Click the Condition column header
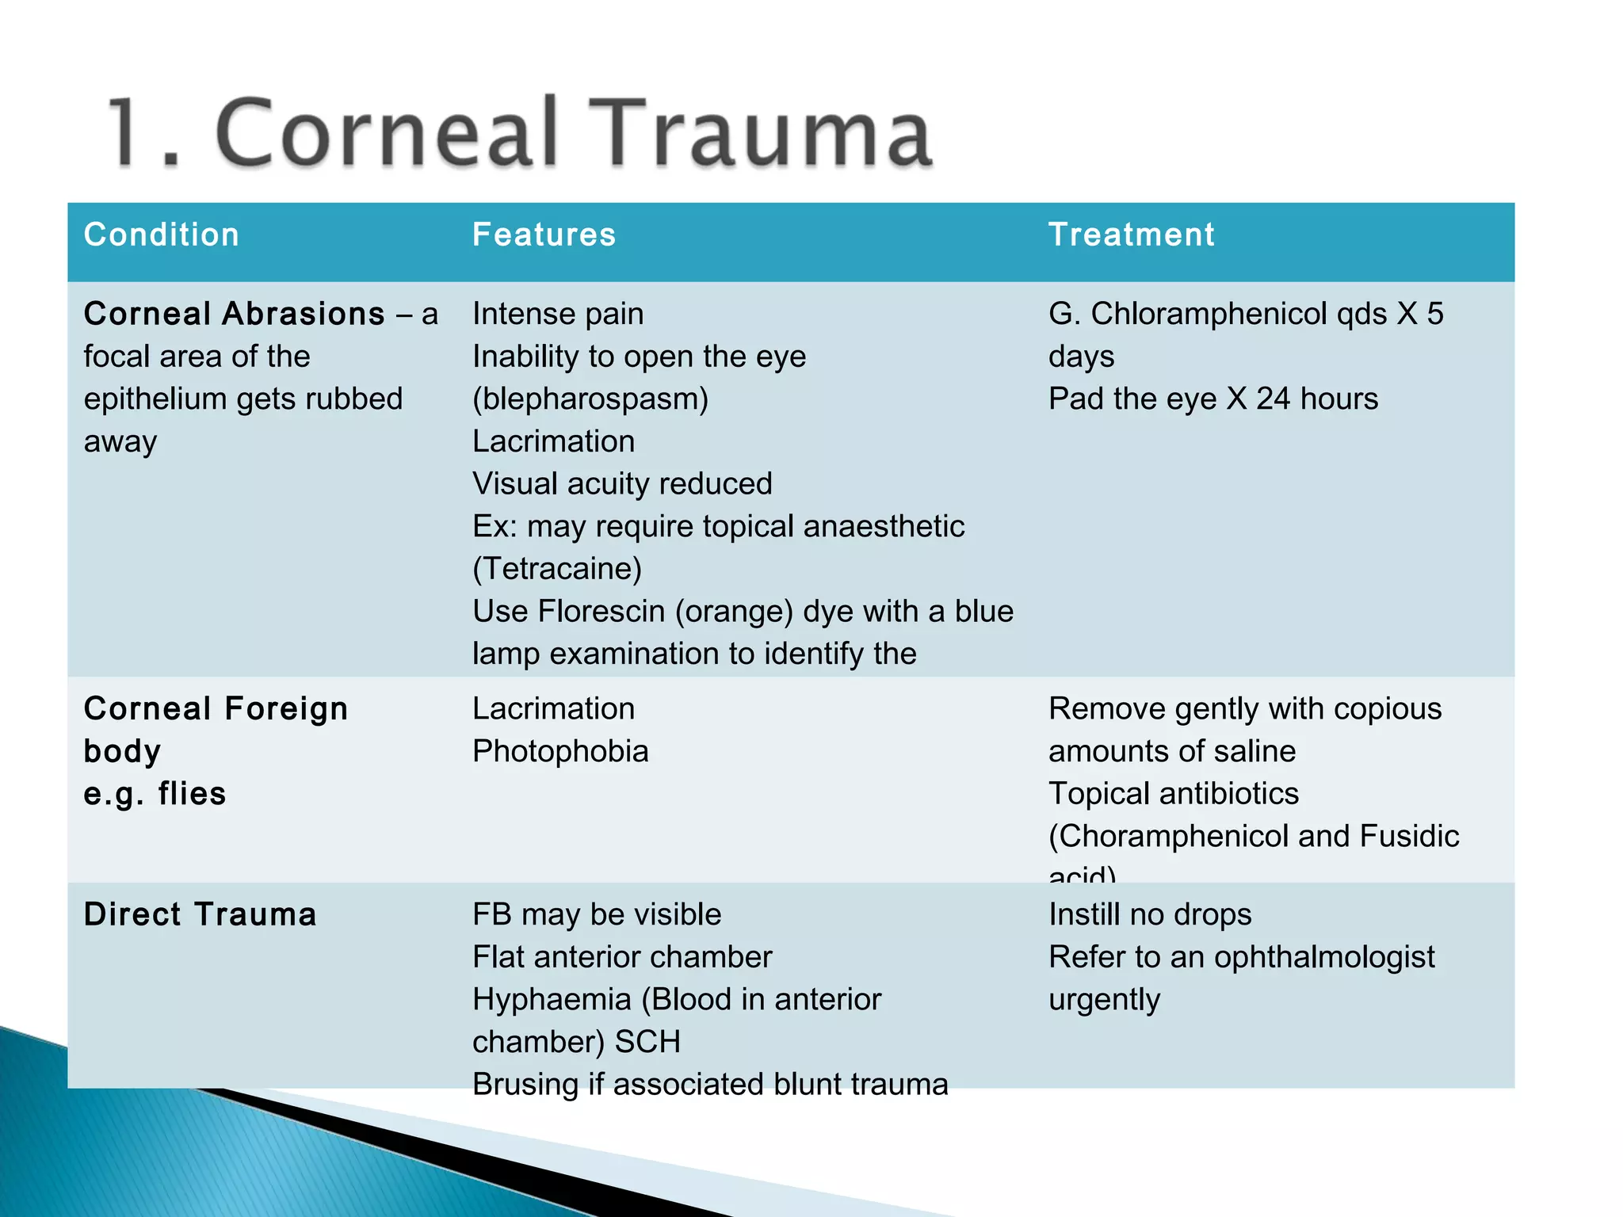coord(162,235)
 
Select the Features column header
coord(544,235)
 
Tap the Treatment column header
coord(1131,235)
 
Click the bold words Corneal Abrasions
coord(235,314)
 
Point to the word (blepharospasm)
coord(590,399)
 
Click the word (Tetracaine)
coord(557,569)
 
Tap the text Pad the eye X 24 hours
coord(1212,399)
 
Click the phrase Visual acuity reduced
coord(622,484)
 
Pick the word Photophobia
coord(560,752)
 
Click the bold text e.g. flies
coord(155,794)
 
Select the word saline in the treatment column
coord(1258,751)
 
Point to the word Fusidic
coord(1409,836)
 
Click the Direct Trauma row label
coord(200,914)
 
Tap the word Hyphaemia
coord(552,1000)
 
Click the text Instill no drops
coord(1150,914)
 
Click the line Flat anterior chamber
coord(622,957)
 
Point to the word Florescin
coord(612,612)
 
